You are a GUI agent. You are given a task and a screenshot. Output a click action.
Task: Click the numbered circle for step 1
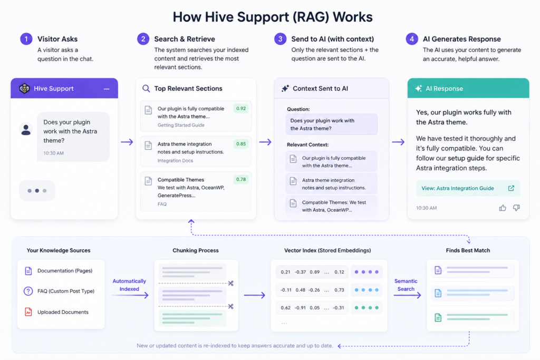point(26,39)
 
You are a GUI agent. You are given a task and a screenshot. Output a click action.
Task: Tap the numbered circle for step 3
point(281,39)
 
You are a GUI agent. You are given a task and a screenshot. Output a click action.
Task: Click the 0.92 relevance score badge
point(240,109)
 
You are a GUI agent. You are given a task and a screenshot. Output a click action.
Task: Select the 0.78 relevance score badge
point(240,179)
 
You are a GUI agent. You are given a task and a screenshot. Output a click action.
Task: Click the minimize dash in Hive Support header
point(107,89)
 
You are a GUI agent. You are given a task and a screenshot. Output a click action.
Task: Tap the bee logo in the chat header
point(24,89)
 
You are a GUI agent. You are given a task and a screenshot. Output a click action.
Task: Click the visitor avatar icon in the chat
point(26,130)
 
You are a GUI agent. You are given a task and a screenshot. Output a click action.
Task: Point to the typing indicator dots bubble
point(37,191)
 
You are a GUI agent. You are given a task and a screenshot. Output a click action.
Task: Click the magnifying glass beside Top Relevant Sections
point(146,89)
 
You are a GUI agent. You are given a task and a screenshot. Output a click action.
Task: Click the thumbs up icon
point(503,208)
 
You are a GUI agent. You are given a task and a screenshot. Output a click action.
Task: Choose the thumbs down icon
point(516,208)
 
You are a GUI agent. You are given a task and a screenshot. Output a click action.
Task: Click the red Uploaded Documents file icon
point(28,312)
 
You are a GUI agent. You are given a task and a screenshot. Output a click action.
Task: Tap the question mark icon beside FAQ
point(28,291)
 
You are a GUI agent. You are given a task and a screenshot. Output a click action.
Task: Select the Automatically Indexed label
point(129,285)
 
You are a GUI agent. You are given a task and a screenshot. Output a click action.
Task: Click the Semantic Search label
point(406,285)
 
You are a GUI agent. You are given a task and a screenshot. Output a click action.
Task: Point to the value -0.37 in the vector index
point(300,272)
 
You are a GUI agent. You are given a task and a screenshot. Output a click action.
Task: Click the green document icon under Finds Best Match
point(438,317)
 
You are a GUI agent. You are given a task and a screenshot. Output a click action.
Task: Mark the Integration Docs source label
point(175,160)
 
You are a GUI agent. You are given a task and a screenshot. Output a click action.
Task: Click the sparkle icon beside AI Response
point(418,89)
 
